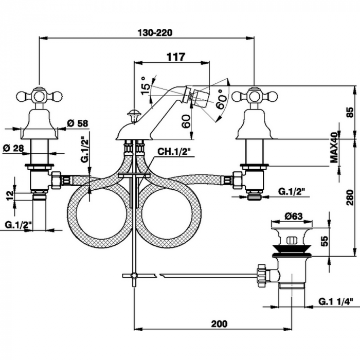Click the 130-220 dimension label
coord(155,32)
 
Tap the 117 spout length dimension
coord(175,58)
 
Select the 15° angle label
coord(147,83)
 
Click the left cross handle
coord(39,96)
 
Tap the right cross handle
coord(254,96)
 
